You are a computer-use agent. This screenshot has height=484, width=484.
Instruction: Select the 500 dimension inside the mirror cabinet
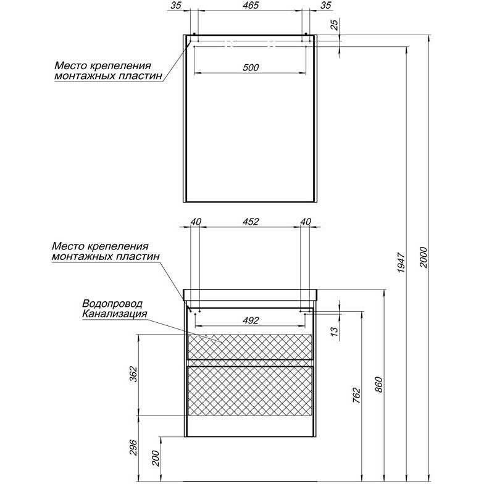pyautogui.click(x=250, y=67)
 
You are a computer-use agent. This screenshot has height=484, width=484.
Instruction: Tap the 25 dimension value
pyautogui.click(x=334, y=26)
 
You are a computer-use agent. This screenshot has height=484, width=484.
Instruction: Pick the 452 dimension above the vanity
pyautogui.click(x=249, y=222)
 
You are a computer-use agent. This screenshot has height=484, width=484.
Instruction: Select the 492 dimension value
pyautogui.click(x=250, y=320)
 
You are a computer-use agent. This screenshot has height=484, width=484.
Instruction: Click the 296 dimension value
pyautogui.click(x=134, y=446)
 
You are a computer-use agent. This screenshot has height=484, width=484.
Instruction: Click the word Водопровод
pyautogui.click(x=112, y=304)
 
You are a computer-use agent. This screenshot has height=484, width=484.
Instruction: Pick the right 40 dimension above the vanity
pyautogui.click(x=305, y=222)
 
